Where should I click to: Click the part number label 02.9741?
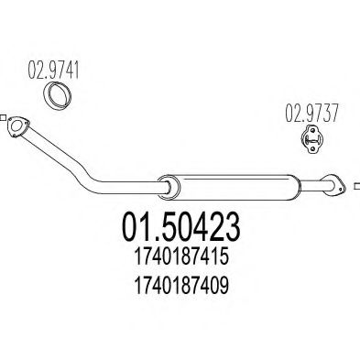point(53,70)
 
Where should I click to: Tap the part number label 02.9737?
point(311,113)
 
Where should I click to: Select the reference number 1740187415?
point(181,256)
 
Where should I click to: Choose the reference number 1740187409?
point(181,286)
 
